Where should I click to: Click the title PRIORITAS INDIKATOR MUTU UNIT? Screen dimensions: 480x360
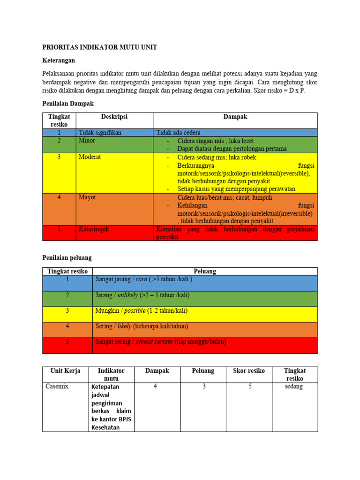tap(99, 47)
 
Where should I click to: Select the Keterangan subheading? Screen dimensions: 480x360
tap(59, 60)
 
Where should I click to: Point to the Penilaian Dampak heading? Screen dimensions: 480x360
tap(68, 103)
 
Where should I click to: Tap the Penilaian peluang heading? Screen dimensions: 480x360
tap(67, 258)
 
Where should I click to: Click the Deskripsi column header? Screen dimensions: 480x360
tap(114, 117)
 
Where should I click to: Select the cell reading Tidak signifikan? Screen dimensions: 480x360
tap(100, 133)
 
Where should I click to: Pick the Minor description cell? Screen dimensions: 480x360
tap(87, 141)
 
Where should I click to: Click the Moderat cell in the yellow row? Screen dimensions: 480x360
tap(90, 157)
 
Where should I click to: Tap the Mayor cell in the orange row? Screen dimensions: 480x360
tap(88, 197)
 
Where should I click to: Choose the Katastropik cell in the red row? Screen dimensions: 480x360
tap(94, 229)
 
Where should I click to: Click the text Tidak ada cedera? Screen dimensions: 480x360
tap(179, 133)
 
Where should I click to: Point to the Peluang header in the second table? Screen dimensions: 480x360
tap(205, 271)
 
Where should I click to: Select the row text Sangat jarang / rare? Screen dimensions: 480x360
tap(144, 279)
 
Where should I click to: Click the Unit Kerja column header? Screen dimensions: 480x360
tap(65, 371)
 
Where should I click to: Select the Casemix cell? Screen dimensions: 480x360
tap(57, 387)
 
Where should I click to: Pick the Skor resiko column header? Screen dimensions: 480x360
tap(248, 371)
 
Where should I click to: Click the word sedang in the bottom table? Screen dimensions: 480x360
tap(293, 387)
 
